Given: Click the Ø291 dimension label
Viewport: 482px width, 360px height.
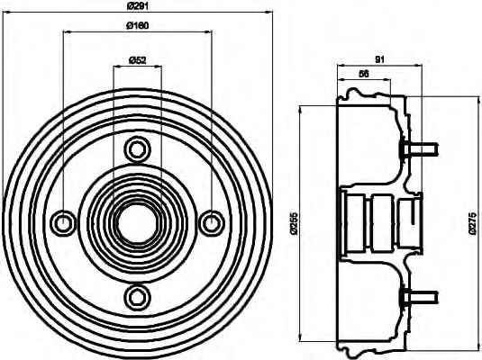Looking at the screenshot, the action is pyautogui.click(x=138, y=5).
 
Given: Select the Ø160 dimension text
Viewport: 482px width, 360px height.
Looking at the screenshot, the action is pyautogui.click(x=138, y=25).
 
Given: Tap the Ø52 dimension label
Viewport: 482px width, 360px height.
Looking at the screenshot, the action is pyautogui.click(x=138, y=60).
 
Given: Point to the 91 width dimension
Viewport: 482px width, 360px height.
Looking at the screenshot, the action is pyautogui.click(x=380, y=59).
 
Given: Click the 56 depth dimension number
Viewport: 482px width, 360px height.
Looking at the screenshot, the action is pyautogui.click(x=364, y=74).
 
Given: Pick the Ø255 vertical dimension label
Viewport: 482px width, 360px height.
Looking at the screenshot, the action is pyautogui.click(x=295, y=223).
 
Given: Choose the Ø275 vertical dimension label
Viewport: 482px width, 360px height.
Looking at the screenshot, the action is pyautogui.click(x=473, y=223).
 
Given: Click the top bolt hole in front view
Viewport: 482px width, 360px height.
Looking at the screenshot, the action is pyautogui.click(x=138, y=150).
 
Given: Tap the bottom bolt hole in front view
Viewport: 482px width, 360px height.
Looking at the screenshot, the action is pyautogui.click(x=138, y=297).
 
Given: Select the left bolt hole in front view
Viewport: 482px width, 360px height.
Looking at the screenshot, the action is pyautogui.click(x=64, y=223).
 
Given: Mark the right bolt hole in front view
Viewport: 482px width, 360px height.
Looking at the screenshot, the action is pyautogui.click(x=212, y=223).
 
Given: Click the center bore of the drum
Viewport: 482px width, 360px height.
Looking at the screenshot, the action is pyautogui.click(x=138, y=223).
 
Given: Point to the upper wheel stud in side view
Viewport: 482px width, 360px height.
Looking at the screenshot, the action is pyautogui.click(x=420, y=150).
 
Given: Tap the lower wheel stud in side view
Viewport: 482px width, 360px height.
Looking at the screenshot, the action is pyautogui.click(x=420, y=297).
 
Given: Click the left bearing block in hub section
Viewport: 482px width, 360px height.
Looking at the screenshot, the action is pyautogui.click(x=355, y=223).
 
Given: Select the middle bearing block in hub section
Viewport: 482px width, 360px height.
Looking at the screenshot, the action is pyautogui.click(x=381, y=223).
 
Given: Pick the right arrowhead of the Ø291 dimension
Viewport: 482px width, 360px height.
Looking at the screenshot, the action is pyautogui.click(x=269, y=13).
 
